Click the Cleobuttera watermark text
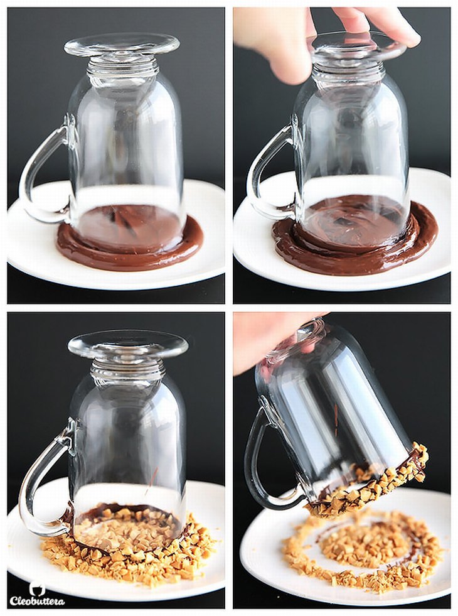(x=37, y=601)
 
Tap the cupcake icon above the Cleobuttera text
(x=37, y=588)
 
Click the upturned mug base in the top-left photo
(x=122, y=45)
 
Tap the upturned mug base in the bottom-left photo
(x=128, y=344)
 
